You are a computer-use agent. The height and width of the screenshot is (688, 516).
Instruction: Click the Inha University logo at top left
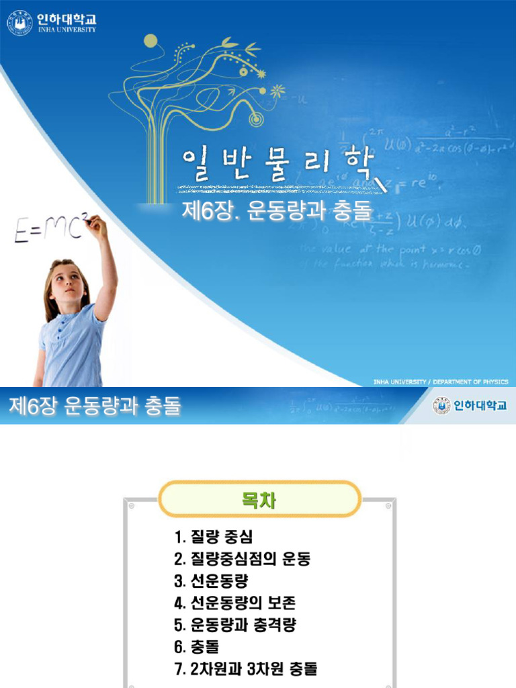click(x=52, y=22)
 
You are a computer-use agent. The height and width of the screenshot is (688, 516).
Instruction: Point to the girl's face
click(x=67, y=283)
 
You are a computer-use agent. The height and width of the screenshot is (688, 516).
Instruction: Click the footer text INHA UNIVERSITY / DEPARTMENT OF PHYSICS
click(x=441, y=382)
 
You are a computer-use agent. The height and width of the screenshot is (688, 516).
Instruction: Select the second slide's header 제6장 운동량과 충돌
click(x=95, y=406)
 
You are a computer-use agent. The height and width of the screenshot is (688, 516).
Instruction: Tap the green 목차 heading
click(x=259, y=500)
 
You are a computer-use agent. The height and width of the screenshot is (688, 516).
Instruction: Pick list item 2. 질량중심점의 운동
click(x=243, y=559)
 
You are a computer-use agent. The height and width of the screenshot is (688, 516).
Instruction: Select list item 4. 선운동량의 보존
click(x=234, y=603)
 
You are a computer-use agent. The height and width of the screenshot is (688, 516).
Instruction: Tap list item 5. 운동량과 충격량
click(x=234, y=625)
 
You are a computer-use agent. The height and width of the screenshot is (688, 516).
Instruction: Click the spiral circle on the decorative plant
click(x=255, y=118)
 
